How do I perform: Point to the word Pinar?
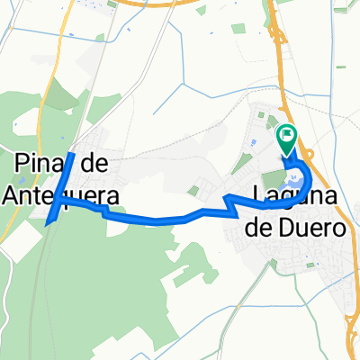(x=40, y=162)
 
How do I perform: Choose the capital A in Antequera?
(x=11, y=194)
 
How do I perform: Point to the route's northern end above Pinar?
(x=72, y=142)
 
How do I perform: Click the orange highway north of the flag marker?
(x=275, y=54)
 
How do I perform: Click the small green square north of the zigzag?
(x=194, y=190)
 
